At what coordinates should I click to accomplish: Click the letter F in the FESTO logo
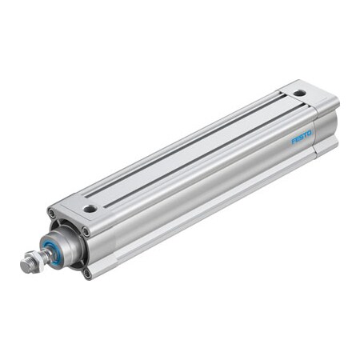pos(293,142)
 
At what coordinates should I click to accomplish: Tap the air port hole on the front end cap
pos(90,208)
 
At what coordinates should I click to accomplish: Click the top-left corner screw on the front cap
pos(52,213)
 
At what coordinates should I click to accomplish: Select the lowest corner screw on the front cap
pos(87,272)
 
